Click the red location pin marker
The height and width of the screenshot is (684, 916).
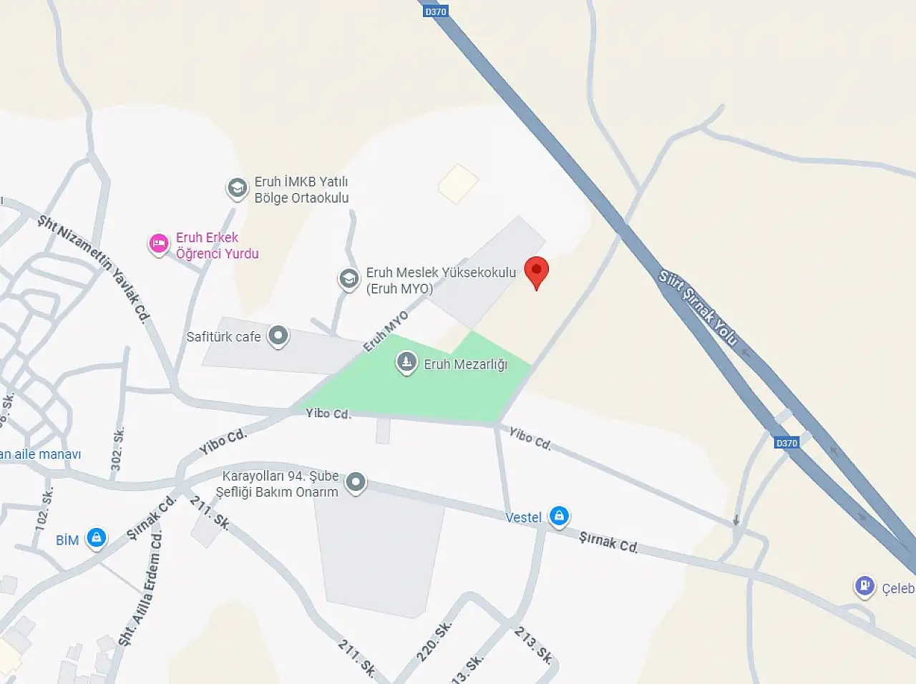(x=537, y=273)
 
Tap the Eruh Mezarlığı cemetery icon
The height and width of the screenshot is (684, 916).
(x=406, y=363)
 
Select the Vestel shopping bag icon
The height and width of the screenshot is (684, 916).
(x=559, y=515)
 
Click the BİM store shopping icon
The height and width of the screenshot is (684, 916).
(x=96, y=538)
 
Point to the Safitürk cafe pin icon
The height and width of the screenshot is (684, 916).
(x=278, y=336)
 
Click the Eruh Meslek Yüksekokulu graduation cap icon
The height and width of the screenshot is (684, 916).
(x=349, y=279)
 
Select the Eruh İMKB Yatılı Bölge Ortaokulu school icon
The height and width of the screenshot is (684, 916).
(x=237, y=189)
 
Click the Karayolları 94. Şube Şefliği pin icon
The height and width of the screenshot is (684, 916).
(x=356, y=483)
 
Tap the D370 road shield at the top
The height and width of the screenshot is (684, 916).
(x=435, y=11)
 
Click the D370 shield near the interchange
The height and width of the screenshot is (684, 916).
(x=786, y=443)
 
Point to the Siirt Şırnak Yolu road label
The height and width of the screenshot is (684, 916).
(x=698, y=307)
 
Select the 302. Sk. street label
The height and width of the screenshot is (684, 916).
(x=118, y=449)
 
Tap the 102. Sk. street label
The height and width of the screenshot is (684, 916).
(x=44, y=509)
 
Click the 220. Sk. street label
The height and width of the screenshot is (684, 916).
(x=434, y=641)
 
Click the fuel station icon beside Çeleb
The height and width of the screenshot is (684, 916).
(x=864, y=586)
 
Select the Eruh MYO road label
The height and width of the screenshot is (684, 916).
(x=386, y=331)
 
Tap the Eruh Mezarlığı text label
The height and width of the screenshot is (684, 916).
(x=466, y=364)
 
